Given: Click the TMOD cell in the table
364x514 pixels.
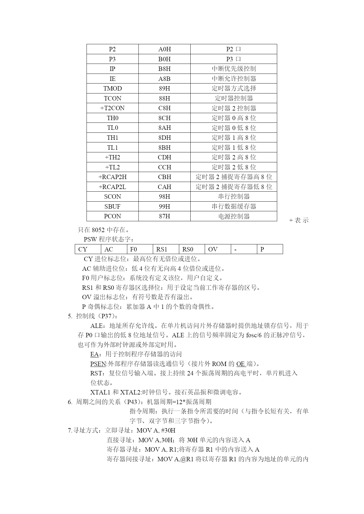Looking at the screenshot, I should [x=112, y=88].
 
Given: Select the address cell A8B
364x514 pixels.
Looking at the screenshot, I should [x=164, y=79].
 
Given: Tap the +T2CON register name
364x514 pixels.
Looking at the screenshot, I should [x=112, y=108].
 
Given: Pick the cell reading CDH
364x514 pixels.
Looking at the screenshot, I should [x=164, y=157].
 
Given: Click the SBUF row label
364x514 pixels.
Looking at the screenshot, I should [x=112, y=207].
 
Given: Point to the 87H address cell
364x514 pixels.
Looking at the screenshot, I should [x=164, y=216].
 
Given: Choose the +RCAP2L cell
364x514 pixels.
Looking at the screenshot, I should [x=112, y=187].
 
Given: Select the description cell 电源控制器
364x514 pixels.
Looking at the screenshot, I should [x=234, y=216].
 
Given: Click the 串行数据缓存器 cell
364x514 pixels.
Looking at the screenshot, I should [x=234, y=207].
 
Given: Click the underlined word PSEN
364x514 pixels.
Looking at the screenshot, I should [x=98, y=364].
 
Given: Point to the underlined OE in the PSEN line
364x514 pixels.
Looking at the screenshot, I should [x=241, y=364].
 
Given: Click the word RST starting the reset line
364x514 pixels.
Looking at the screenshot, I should [x=96, y=373].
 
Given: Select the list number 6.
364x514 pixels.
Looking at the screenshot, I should [x=70, y=402].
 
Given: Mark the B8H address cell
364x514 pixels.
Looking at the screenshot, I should [x=164, y=69].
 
